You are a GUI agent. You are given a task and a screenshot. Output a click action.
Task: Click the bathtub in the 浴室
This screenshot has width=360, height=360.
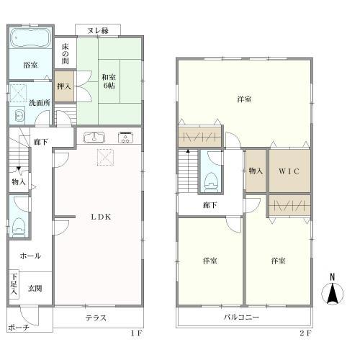[x=30, y=38]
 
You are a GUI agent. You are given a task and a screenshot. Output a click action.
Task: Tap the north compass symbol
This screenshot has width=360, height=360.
[x=333, y=290]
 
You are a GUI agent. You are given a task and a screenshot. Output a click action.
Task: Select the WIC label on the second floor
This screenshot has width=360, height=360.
[x=289, y=171]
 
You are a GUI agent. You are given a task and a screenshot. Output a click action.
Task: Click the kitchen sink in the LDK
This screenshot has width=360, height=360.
[x=94, y=138]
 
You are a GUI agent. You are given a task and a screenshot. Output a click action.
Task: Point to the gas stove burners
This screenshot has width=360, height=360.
[x=126, y=138]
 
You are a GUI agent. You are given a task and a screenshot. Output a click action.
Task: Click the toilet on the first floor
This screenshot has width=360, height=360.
[x=19, y=227]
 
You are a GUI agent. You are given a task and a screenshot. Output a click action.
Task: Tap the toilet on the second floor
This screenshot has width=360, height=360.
[x=211, y=182]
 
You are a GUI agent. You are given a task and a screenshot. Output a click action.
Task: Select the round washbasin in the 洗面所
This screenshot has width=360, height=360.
[x=19, y=117]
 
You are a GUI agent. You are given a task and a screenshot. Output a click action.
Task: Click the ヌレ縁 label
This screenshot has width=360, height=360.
[x=98, y=30]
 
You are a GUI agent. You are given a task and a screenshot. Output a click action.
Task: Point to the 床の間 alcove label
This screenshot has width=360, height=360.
[x=65, y=53]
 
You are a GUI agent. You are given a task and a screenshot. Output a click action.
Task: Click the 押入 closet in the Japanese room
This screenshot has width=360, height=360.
[x=64, y=86]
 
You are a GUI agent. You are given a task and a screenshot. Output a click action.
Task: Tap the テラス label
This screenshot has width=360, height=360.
[x=96, y=318]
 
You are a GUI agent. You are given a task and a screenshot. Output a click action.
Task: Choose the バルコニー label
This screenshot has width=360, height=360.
[x=241, y=318]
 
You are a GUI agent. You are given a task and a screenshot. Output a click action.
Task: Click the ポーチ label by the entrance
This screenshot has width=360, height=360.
[x=19, y=328]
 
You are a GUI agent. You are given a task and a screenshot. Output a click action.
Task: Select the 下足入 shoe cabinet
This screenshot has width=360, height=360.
[x=14, y=284]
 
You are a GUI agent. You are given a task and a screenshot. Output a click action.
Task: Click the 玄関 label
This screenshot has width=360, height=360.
[x=35, y=288]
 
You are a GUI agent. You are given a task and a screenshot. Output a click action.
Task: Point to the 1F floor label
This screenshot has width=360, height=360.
[x=137, y=333]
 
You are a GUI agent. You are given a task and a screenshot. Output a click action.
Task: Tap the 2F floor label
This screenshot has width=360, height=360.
[x=306, y=333]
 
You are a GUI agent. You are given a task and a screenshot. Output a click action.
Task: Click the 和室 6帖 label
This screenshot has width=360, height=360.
[x=109, y=81]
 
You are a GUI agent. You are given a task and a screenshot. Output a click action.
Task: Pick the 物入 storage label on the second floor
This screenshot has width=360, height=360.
[x=256, y=171]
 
